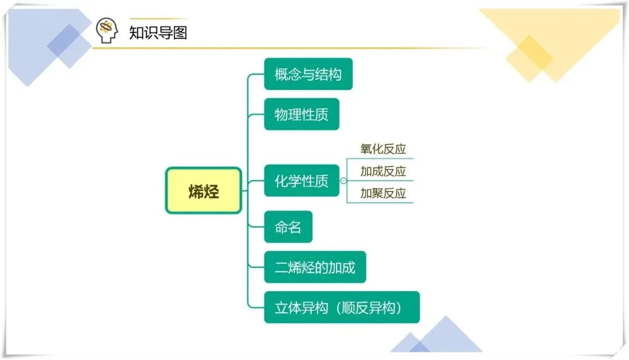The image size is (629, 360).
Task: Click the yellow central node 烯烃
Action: click(203, 190)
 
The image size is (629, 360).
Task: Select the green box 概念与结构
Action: click(308, 74)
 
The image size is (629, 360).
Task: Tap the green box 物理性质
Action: click(301, 114)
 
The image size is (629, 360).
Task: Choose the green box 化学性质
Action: click(301, 181)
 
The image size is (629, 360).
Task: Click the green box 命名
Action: click(288, 227)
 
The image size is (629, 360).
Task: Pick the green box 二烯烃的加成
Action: click(314, 267)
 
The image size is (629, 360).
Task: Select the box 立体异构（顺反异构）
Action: click(341, 307)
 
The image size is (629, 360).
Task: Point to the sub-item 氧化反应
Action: click(383, 149)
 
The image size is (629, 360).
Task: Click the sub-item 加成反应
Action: click(383, 171)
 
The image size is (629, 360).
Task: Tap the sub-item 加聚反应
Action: click(383, 193)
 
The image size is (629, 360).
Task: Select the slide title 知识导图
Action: click(158, 31)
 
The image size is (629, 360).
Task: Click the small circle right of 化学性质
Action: click(344, 181)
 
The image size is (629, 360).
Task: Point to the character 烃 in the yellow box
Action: click(211, 191)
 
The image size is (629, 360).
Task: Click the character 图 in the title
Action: click(180, 31)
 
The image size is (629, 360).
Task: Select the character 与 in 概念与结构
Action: click(308, 75)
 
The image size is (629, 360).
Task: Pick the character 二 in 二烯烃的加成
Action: click(281, 268)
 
